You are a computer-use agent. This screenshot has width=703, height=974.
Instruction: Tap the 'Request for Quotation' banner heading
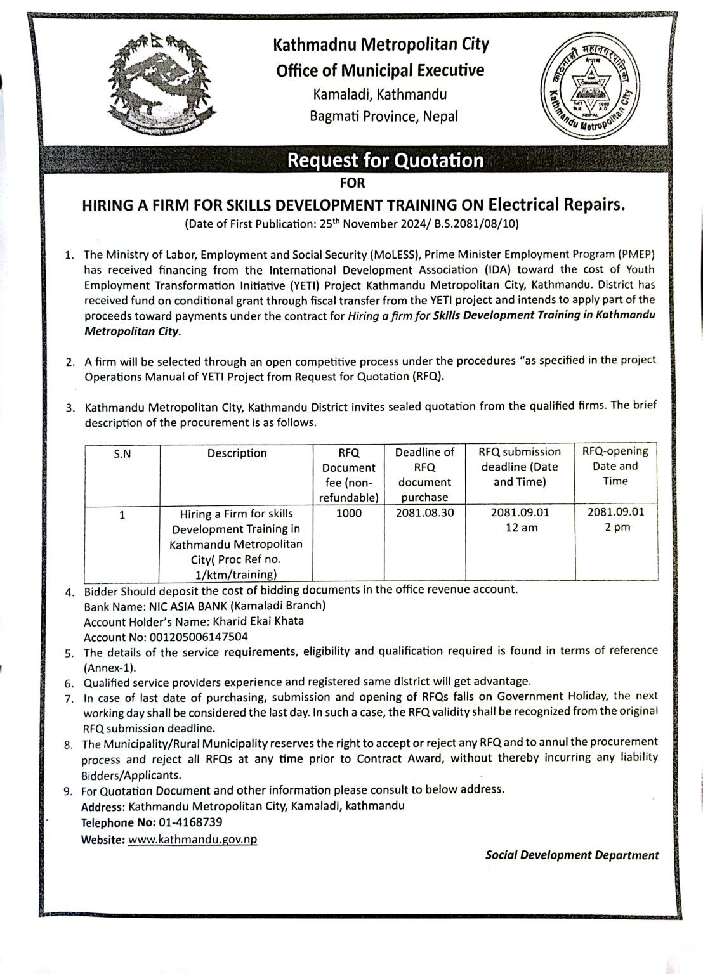tap(385, 161)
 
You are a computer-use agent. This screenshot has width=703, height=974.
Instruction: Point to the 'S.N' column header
tap(122, 453)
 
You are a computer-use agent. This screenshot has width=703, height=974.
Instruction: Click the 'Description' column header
tap(237, 453)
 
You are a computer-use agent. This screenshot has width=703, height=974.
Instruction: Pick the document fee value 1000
tap(348, 513)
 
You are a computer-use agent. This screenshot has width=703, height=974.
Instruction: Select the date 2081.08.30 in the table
tap(424, 513)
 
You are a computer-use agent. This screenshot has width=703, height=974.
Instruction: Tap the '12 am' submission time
tap(521, 528)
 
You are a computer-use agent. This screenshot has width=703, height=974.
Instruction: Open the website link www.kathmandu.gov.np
tap(192, 839)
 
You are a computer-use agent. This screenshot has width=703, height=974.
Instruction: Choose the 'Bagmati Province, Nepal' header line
tap(383, 116)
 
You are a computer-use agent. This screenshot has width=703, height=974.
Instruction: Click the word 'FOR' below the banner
tap(353, 183)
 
